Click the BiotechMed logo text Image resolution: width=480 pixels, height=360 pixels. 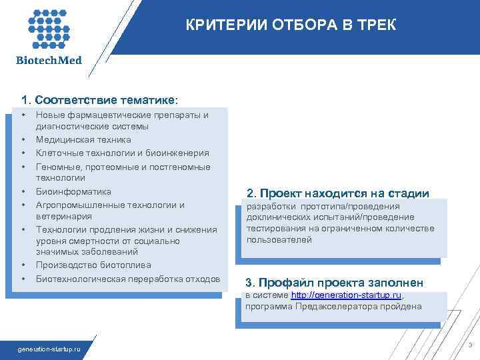[49, 61]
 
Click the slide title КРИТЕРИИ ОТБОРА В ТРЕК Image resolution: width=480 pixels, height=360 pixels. [290, 25]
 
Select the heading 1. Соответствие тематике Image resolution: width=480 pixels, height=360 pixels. [99, 101]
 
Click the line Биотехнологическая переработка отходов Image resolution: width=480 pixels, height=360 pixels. [127, 278]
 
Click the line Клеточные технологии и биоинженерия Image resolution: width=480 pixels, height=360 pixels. [113, 153]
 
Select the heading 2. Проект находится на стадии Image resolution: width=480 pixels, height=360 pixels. [337, 193]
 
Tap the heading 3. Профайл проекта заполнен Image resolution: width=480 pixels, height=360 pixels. [334, 281]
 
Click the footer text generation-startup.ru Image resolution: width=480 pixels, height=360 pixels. [49, 349]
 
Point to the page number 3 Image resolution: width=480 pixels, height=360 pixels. [471, 345]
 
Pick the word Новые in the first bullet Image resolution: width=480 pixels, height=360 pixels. [49, 115]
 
